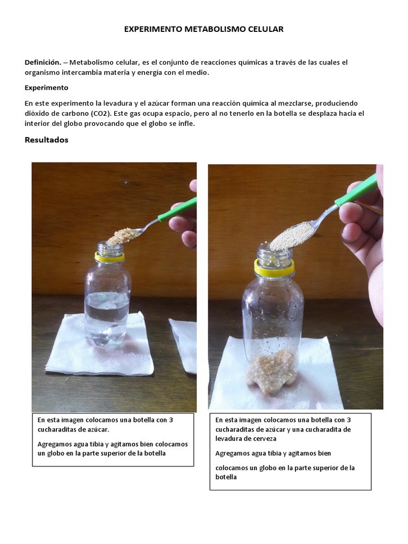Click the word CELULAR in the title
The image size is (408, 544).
tap(266, 29)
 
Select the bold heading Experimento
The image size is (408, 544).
tap(47, 88)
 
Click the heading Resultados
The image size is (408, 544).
tap(47, 140)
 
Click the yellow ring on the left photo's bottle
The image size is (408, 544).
tap(109, 258)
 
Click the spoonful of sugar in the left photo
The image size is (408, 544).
tap(123, 236)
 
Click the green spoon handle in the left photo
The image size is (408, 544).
tap(177, 210)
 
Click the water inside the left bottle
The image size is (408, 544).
tap(107, 319)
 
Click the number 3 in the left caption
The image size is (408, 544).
tap(171, 420)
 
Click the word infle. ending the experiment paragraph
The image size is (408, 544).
tap(186, 123)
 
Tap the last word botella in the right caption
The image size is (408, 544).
tap(226, 477)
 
